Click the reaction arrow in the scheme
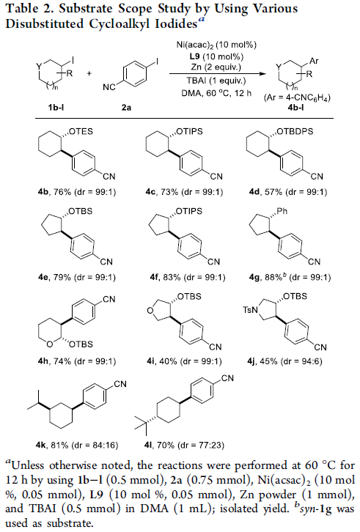(x=218, y=73)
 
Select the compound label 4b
(x=43, y=192)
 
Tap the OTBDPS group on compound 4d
(x=295, y=131)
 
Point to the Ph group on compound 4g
(x=282, y=211)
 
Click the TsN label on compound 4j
(x=250, y=310)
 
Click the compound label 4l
(x=147, y=445)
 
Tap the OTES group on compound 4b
(x=81, y=131)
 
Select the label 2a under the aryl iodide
(x=126, y=108)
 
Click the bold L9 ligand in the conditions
(x=194, y=56)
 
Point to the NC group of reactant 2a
(x=109, y=87)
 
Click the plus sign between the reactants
(x=89, y=73)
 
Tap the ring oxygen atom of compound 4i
(x=150, y=310)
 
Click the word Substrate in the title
(x=87, y=9)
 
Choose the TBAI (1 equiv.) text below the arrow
(x=216, y=81)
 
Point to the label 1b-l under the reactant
(x=56, y=108)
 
